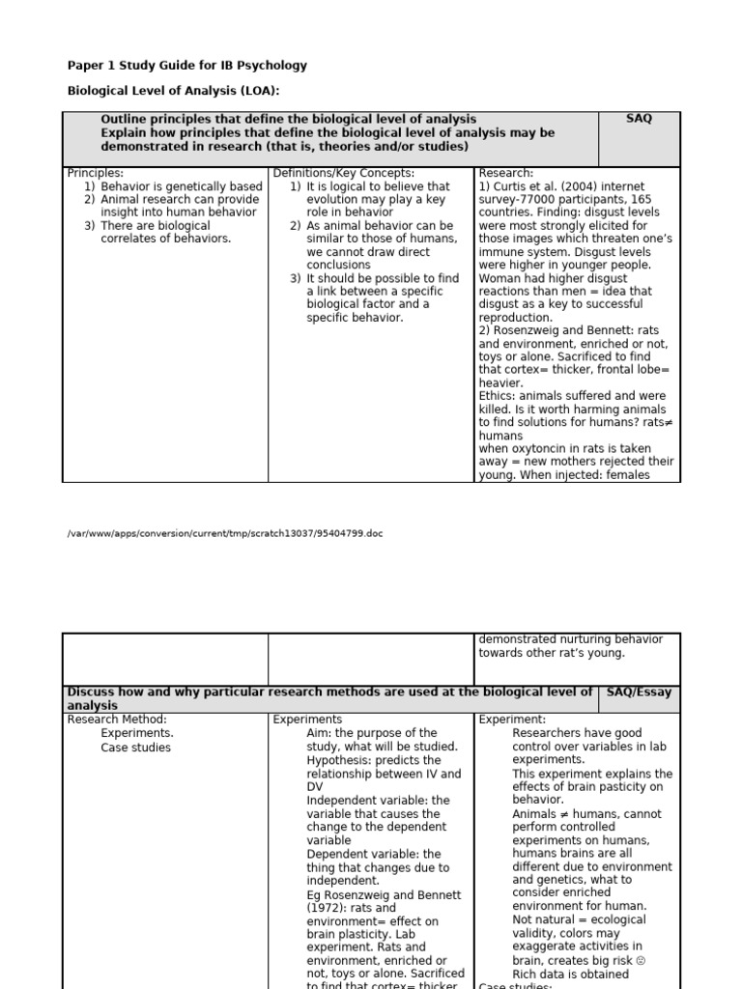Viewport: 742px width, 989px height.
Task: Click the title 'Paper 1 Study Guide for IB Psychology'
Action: click(x=187, y=66)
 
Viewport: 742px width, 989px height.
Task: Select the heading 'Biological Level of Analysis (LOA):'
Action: click(x=173, y=92)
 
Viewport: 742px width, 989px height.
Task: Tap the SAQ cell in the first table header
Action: click(x=639, y=119)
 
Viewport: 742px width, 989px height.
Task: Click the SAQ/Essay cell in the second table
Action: click(x=640, y=692)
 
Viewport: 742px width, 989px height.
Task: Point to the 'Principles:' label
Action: click(x=96, y=173)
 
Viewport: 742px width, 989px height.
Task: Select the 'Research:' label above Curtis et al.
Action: click(x=505, y=173)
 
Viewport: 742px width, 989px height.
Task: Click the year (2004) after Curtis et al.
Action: click(x=569, y=186)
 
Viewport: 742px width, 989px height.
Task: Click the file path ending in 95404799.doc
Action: click(x=224, y=533)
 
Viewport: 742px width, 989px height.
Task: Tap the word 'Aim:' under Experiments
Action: click(x=320, y=733)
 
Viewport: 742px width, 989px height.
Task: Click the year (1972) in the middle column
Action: click(x=328, y=908)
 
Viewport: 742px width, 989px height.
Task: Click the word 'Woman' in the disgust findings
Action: click(x=501, y=278)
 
